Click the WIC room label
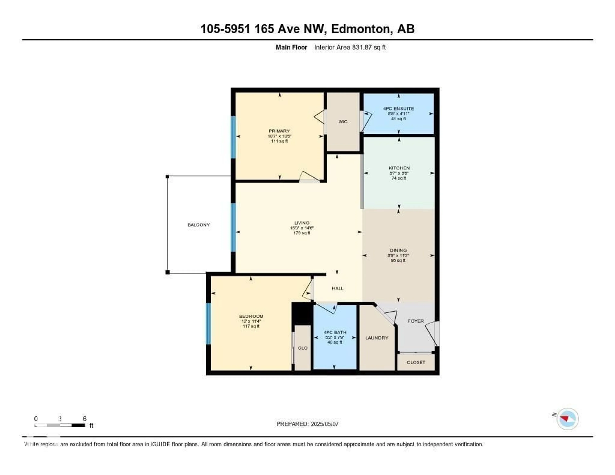(343, 122)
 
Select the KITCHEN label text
(399, 168)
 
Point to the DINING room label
(398, 250)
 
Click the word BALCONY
(199, 225)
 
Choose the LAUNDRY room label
(377, 338)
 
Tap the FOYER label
(416, 321)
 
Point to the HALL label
(337, 288)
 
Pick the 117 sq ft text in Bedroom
(251, 326)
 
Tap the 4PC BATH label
(335, 332)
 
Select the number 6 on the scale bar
(84, 419)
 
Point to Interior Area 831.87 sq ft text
(350, 47)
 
